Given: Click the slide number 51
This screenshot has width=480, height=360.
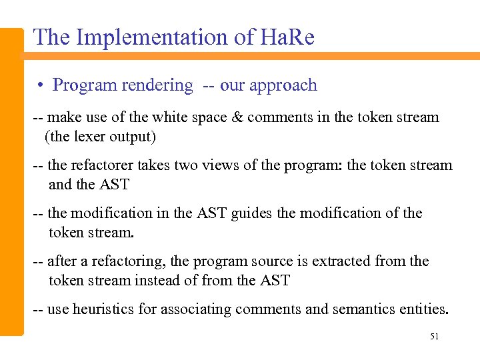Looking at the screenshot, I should (434, 337).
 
